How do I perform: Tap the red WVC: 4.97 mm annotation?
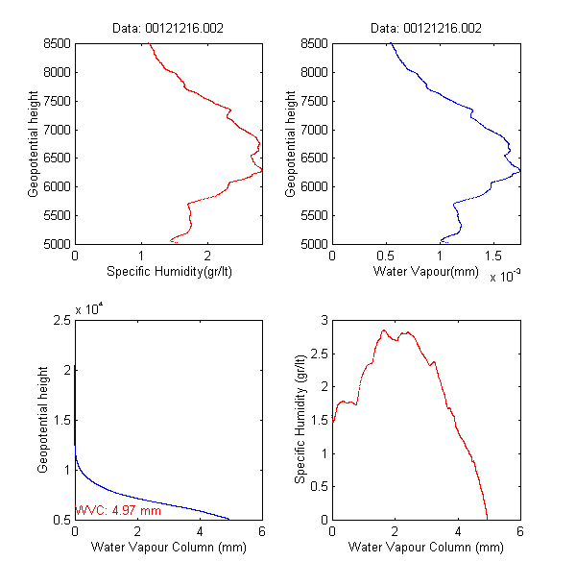coord(117,511)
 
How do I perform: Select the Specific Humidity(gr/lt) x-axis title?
coord(168,272)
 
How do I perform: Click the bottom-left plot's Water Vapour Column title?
coord(168,548)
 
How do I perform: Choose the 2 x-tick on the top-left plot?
coord(206,256)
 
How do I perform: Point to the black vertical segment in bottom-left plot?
coord(75,403)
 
